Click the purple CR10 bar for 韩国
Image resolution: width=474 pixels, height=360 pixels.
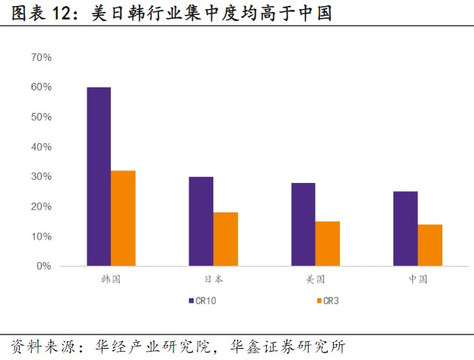point(99,177)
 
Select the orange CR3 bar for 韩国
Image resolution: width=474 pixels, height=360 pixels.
point(123,218)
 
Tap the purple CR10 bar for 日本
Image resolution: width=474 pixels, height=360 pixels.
point(200,221)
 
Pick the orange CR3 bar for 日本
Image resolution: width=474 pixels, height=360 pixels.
point(225,239)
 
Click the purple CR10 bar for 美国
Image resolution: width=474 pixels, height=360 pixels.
point(303,224)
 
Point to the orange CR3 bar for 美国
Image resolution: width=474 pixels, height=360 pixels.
point(328,244)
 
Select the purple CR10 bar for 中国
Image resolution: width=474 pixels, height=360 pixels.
point(405,229)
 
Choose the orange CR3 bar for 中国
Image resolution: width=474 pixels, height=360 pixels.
point(430,246)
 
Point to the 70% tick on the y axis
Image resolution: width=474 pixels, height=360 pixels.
point(41,57)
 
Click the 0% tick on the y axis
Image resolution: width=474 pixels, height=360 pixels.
point(44,267)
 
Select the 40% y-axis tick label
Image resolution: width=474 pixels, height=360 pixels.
point(41,147)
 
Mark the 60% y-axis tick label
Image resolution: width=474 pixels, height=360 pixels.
point(41,87)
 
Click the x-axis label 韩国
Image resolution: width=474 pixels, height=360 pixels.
point(111,279)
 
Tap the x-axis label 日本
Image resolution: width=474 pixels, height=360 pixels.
point(213,279)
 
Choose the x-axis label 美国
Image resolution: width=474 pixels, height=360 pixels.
point(316,279)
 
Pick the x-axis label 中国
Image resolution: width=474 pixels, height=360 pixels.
point(417,279)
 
